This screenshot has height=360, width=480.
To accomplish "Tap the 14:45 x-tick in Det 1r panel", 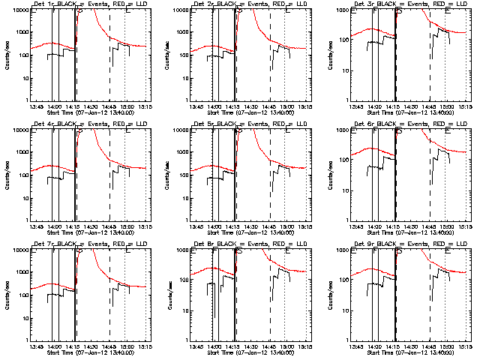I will [x=109, y=106].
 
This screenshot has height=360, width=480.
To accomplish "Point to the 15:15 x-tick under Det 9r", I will [x=465, y=346].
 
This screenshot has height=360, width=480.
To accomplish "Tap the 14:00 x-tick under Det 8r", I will [x=214, y=346].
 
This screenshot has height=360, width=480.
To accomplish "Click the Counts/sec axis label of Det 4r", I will [x=7, y=174].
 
